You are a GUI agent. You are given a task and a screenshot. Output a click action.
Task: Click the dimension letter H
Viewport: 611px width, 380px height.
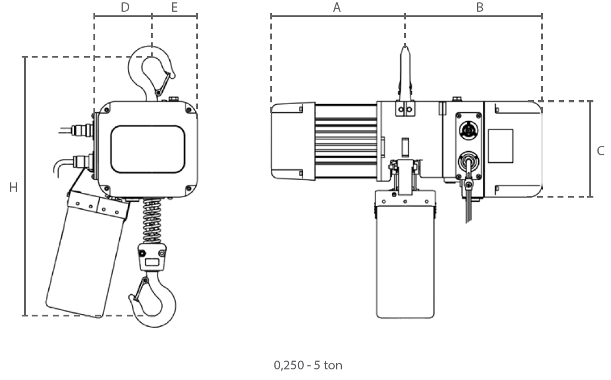(14, 188)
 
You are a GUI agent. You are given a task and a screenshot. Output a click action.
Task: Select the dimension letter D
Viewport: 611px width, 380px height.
(125, 8)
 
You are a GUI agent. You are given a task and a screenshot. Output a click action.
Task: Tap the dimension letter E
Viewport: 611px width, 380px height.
(174, 8)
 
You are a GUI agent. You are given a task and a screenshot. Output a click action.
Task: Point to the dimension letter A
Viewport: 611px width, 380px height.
(337, 8)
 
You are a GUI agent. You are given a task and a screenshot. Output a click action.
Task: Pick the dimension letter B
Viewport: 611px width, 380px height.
(480, 8)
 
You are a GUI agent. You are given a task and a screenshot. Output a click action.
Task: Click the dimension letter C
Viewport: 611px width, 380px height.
(600, 151)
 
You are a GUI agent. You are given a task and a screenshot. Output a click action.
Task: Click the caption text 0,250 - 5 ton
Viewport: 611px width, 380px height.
(308, 365)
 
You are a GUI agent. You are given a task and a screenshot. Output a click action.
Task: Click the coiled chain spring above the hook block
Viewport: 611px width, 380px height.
(152, 221)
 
